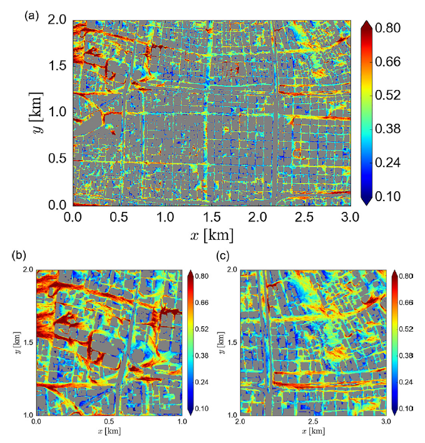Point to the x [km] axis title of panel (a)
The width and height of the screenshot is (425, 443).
coord(212,236)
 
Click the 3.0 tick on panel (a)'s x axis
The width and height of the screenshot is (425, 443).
coord(351,217)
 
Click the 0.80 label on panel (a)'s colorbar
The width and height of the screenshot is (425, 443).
coord(397,29)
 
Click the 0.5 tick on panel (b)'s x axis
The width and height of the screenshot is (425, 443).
coord(109,423)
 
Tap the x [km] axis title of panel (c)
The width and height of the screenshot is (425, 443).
coord(313,432)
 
